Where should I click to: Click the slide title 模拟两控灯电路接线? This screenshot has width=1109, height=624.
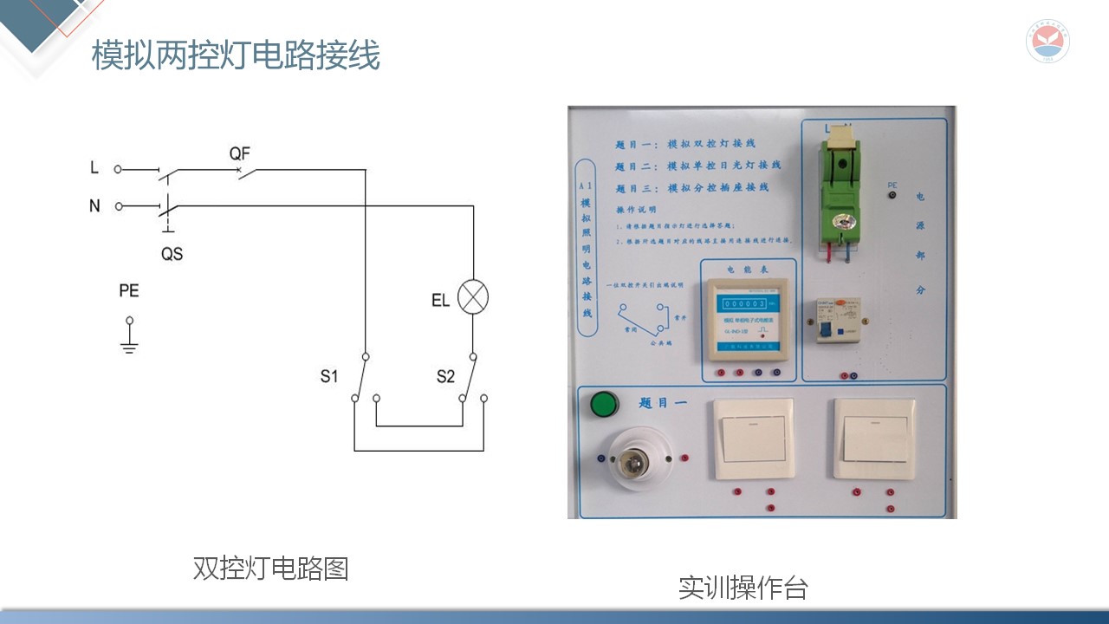click(236, 56)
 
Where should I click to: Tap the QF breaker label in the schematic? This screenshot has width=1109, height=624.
click(239, 153)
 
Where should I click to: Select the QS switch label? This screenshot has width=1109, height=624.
click(172, 254)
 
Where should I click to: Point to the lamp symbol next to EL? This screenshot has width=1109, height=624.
click(472, 297)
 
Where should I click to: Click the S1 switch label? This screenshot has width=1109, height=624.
click(328, 376)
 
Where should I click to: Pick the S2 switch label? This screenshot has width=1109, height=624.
click(445, 376)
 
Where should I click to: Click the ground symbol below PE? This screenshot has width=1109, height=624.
click(129, 345)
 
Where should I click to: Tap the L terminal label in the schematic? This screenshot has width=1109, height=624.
click(94, 168)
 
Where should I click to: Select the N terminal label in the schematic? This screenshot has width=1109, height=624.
click(94, 205)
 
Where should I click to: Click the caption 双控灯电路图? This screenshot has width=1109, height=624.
click(270, 569)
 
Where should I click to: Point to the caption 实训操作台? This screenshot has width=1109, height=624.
click(743, 588)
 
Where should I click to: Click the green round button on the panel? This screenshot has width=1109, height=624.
click(604, 404)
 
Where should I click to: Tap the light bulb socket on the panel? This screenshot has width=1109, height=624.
click(640, 458)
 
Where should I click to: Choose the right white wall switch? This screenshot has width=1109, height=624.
click(875, 439)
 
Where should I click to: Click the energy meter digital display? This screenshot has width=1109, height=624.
click(744, 303)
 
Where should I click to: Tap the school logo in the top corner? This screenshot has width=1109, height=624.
click(1047, 41)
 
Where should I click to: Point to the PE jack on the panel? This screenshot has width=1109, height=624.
click(892, 197)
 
